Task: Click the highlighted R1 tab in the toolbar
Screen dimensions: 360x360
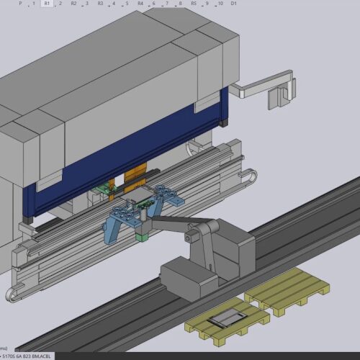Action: coord(47,4)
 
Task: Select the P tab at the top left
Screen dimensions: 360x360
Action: coord(20,4)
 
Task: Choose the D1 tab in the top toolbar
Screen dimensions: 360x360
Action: coord(233,4)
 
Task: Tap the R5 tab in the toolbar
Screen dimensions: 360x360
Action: coord(194,4)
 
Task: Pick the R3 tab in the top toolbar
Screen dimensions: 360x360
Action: coord(100,4)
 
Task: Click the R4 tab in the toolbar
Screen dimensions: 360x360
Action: coord(140,4)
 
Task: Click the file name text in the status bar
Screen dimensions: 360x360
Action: coord(27,356)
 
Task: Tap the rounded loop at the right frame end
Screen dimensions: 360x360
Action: coord(248,178)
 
